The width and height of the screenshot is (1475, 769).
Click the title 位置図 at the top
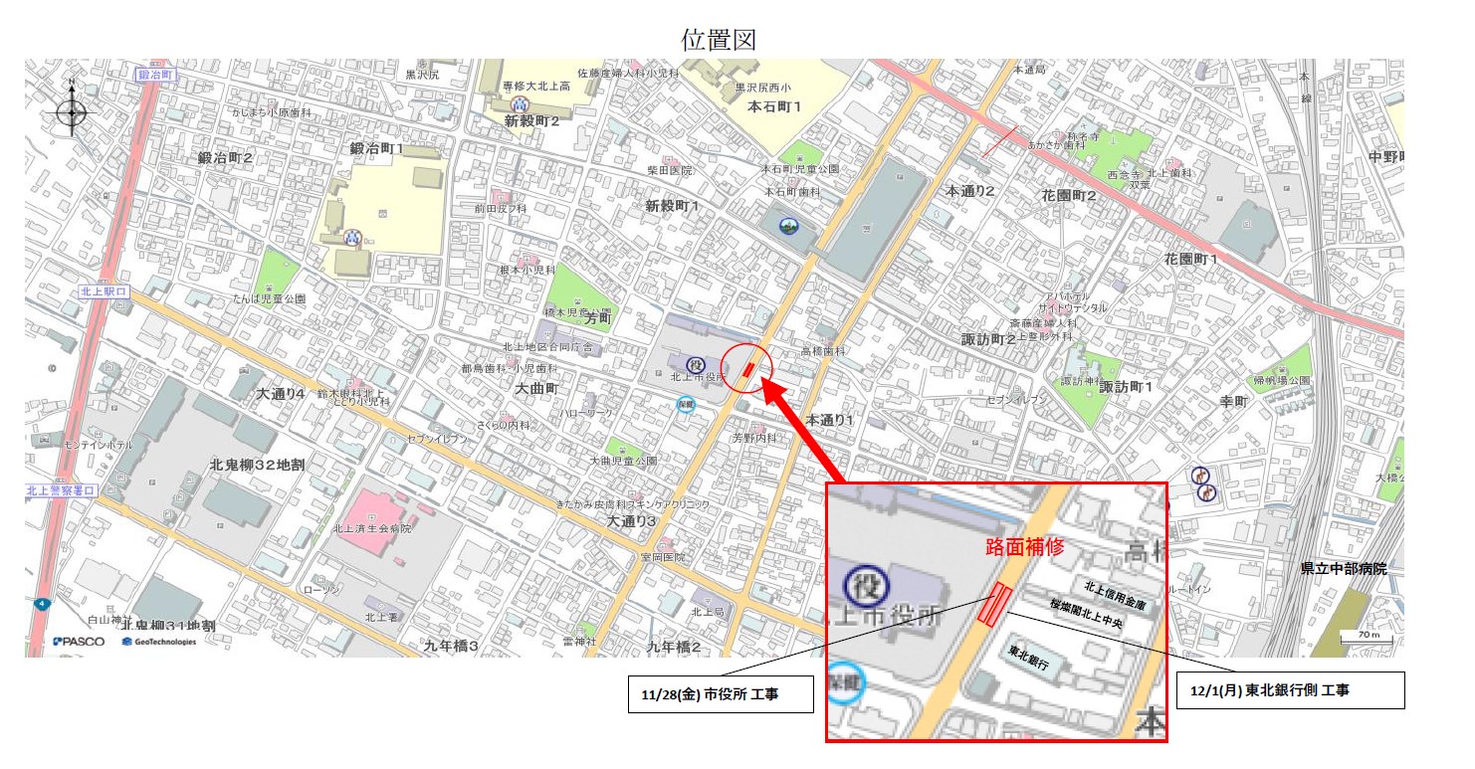pos(720,40)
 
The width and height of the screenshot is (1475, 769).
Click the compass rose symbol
pos(72,111)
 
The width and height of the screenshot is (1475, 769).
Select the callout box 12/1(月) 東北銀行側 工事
pos(1290,689)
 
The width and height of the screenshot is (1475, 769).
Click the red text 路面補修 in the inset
pos(1025,546)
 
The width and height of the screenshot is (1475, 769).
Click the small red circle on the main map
pos(746,368)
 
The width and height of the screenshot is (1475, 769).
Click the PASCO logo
pos(80,642)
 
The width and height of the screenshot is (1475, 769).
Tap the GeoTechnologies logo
pos(159,642)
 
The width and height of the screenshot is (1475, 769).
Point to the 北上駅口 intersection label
pos(104,291)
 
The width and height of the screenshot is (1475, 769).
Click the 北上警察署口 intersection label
pos(61,490)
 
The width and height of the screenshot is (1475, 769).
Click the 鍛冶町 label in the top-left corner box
pos(156,75)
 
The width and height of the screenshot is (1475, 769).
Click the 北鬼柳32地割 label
pos(257,465)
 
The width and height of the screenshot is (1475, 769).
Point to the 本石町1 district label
pos(774,105)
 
